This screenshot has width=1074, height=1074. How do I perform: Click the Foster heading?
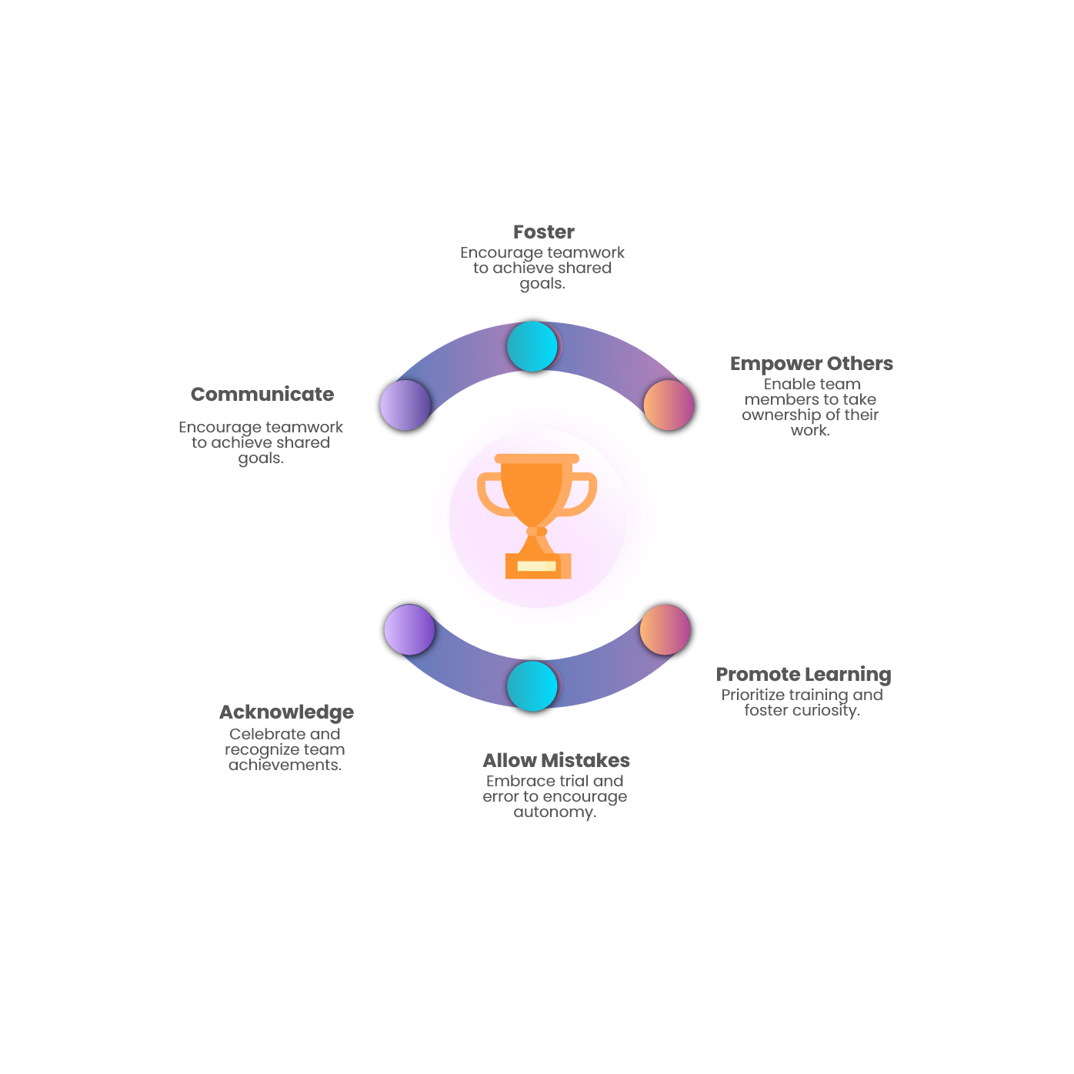[x=543, y=232]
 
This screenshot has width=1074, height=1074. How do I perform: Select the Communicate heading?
[x=262, y=394]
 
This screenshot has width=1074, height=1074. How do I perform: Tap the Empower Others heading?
[x=811, y=363]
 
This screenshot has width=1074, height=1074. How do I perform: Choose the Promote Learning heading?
[x=803, y=674]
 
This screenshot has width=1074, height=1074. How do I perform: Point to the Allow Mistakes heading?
[x=556, y=760]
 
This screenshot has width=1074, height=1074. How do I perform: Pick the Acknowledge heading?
[x=286, y=712]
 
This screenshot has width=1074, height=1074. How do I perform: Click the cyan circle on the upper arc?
[x=532, y=346]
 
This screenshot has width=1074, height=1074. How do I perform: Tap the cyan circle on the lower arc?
[x=532, y=685]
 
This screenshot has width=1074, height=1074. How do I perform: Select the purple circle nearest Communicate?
[x=405, y=405]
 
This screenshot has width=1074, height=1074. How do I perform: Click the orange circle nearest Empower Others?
[x=668, y=405]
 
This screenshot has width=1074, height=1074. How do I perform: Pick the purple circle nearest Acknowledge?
[x=409, y=629]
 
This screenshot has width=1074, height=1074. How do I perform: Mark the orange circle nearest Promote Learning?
[x=665, y=629]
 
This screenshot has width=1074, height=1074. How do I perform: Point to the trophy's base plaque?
[x=537, y=566]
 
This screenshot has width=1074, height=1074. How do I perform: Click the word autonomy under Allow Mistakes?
[x=554, y=812]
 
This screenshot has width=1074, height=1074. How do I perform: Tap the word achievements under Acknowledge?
[x=285, y=765]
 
